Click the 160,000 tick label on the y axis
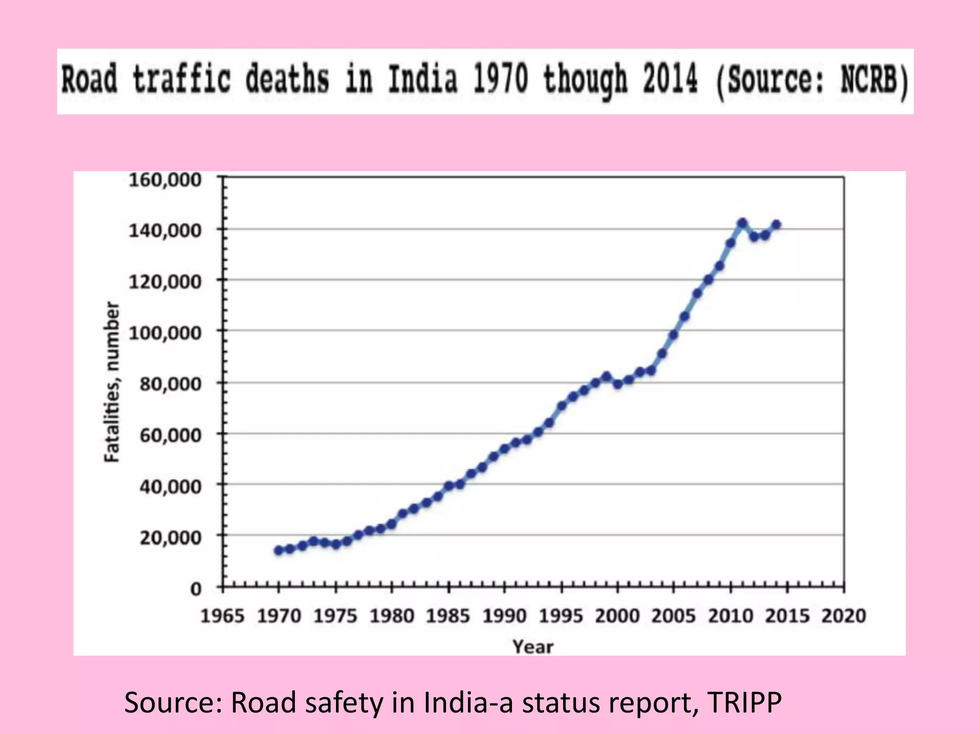point(165,180)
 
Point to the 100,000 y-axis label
point(165,332)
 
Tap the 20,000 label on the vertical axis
point(170,538)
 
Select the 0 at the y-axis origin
point(196,589)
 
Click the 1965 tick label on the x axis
point(222,616)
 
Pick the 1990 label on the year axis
point(504,616)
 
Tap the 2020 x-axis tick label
point(844,616)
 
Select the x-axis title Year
point(533,647)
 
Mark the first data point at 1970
point(279,550)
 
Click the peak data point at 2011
point(742,223)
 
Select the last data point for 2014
point(776,225)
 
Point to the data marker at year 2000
point(618,384)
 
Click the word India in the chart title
point(423,79)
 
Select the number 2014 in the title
point(670,79)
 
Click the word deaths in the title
point(287,79)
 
